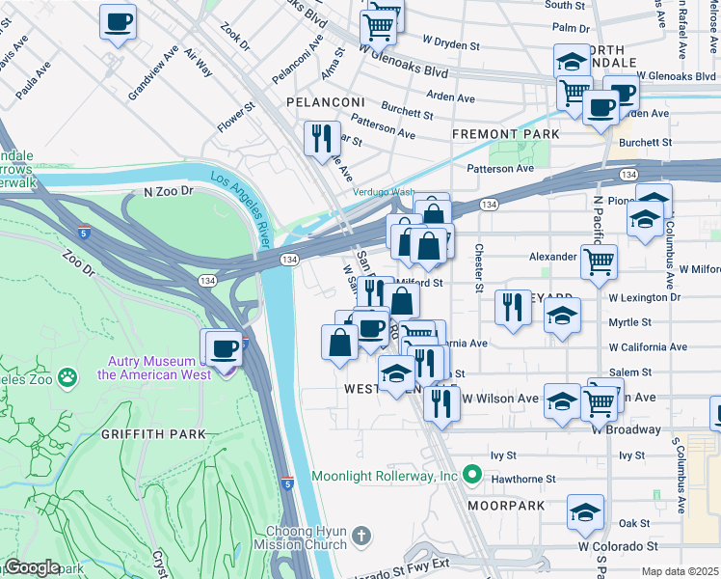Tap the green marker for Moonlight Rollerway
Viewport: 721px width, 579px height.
click(x=471, y=475)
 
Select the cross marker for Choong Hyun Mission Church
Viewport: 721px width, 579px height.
click(x=360, y=534)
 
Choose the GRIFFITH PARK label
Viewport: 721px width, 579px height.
click(x=153, y=434)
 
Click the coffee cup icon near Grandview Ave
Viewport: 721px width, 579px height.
click(x=118, y=21)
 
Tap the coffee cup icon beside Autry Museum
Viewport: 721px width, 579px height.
click(x=225, y=348)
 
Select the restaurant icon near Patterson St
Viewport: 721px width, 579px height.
click(x=322, y=137)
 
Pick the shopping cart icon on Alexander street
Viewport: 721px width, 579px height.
click(x=599, y=259)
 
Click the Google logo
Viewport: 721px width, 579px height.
click(x=32, y=567)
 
